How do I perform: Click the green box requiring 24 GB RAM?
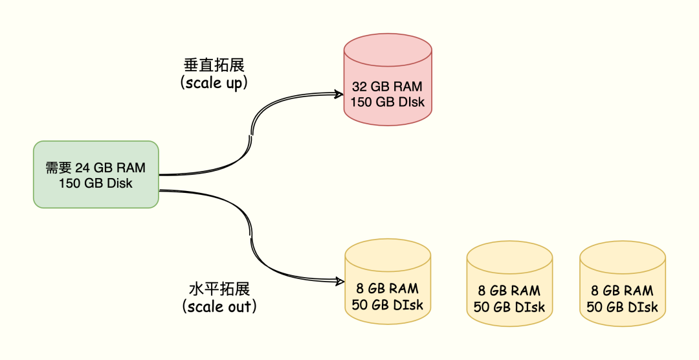[x=96, y=174]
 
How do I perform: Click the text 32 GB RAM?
[x=388, y=87]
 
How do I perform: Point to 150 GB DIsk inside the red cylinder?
[x=388, y=102]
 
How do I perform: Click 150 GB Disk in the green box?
[x=96, y=183]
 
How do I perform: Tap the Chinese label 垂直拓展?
[x=214, y=65]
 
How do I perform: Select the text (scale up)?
[x=214, y=83]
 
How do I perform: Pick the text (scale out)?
[x=219, y=306]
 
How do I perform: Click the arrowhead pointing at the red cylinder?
[x=337, y=95]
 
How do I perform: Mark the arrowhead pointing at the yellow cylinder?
[x=337, y=281]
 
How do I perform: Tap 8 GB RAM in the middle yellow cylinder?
[x=509, y=291]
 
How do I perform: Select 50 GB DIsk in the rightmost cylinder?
[x=622, y=307]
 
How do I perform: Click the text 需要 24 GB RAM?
[x=96, y=168]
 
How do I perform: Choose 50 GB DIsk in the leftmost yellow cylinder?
[x=387, y=304]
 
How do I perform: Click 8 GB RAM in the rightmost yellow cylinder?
[x=622, y=291]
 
